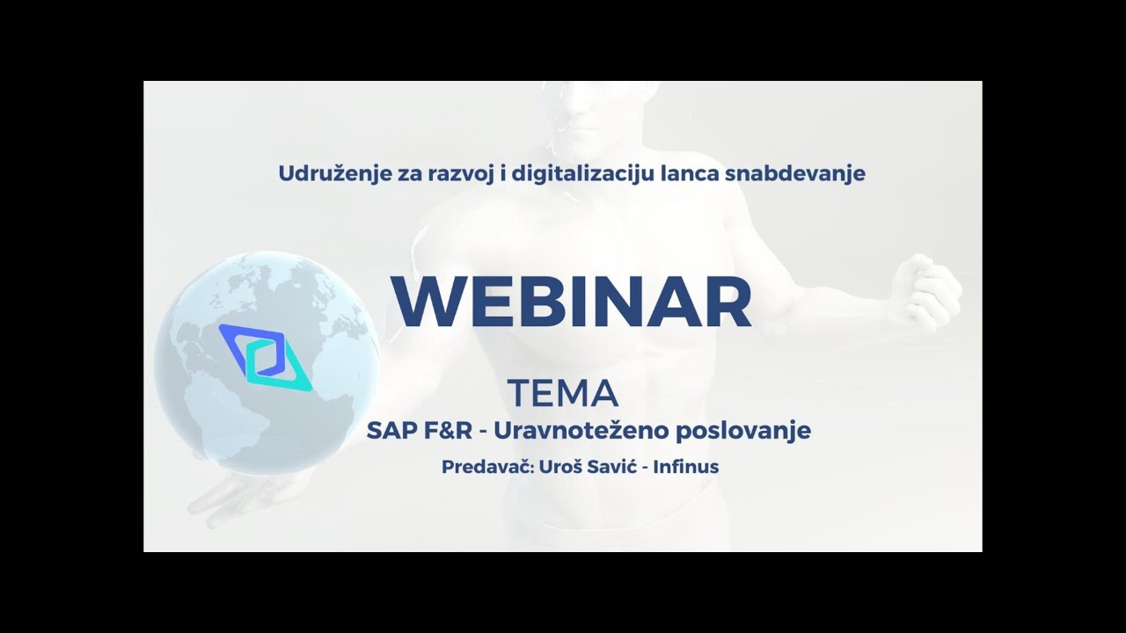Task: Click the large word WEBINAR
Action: [x=572, y=302]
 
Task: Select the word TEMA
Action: [x=563, y=394]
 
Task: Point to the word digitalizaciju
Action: [x=571, y=173]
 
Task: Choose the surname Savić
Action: [x=612, y=467]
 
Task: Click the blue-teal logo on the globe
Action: [x=266, y=356]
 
